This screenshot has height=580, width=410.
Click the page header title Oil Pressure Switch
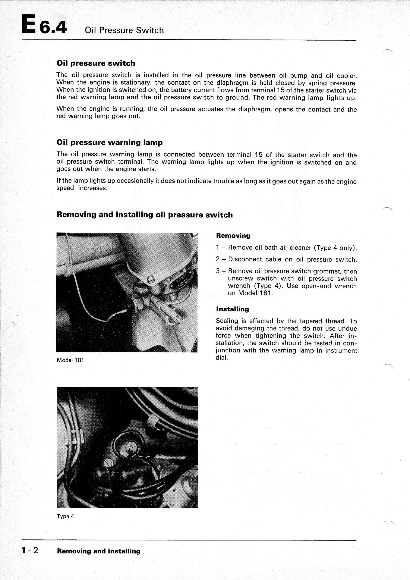pos(124,31)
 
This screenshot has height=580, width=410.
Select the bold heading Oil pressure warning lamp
pos(110,142)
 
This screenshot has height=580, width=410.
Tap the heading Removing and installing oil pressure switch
pos(145,215)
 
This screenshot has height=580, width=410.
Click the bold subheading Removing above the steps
pos(233,236)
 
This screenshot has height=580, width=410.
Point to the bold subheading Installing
pos(232,309)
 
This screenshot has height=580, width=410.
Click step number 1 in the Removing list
pos(218,248)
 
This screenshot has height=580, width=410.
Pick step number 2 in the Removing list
pos(218,259)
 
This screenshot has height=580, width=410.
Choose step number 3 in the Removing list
pos(218,271)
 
